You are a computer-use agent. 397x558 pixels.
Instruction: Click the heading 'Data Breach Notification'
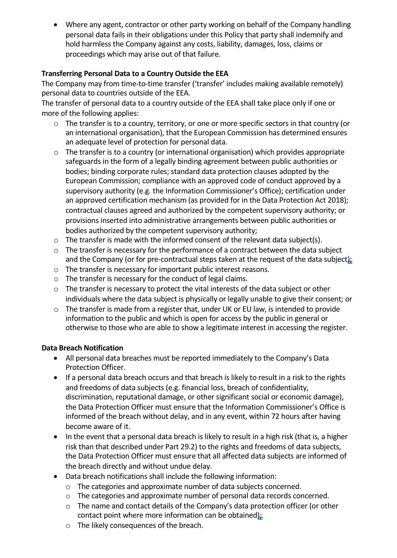point(82,348)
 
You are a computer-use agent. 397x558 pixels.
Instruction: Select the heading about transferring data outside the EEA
point(135,74)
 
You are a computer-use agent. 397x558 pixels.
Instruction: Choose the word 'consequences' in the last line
point(133,525)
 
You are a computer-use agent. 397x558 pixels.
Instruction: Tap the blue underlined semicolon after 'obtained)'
point(260,516)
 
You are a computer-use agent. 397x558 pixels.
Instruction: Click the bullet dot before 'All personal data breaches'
point(55,358)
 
